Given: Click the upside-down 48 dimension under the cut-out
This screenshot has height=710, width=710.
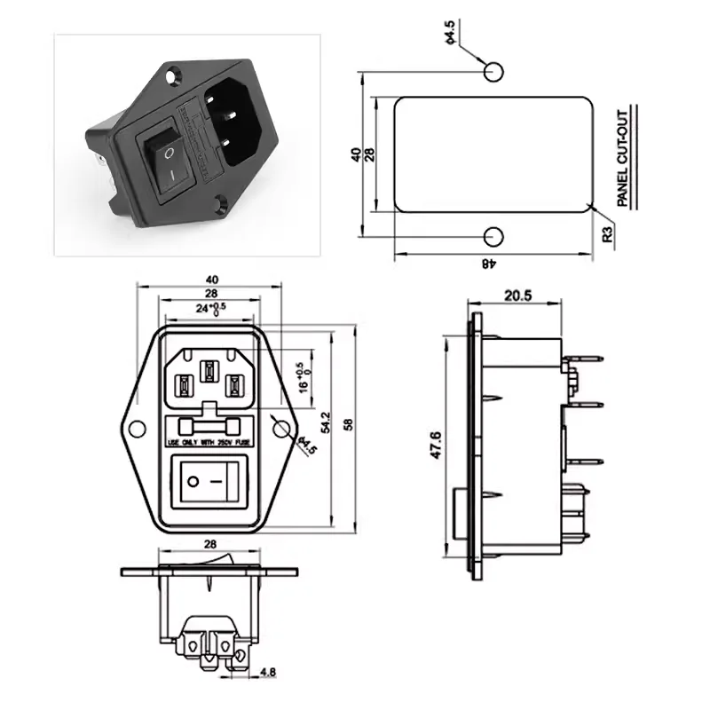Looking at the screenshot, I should tap(488, 263).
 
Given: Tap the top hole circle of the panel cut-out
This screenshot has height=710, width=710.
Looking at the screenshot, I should tap(493, 71).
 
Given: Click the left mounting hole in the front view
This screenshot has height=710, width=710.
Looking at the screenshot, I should tap(137, 430).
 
